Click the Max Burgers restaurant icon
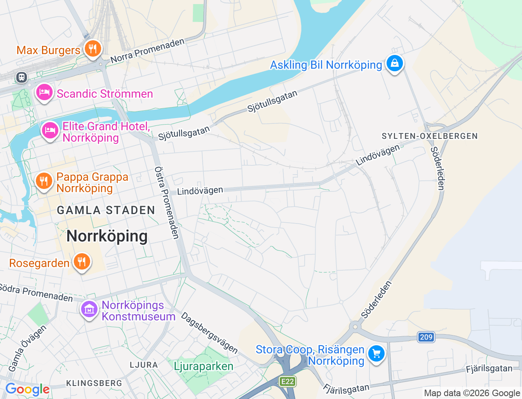tap(93, 49)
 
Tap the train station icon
tap(21, 77)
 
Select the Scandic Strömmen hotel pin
tap(44, 92)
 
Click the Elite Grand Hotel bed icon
tap(50, 130)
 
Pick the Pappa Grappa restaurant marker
tap(44, 181)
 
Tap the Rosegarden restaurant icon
tap(82, 262)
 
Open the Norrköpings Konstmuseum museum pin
tap(89, 309)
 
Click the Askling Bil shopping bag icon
tap(394, 64)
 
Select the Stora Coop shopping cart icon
tap(376, 353)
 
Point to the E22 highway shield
tap(288, 381)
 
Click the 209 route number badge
tap(426, 337)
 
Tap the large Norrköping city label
tap(107, 236)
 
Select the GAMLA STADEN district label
tap(106, 210)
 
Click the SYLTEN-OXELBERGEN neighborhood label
tap(429, 136)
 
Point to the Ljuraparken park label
tap(203, 366)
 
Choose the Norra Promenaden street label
tap(147, 51)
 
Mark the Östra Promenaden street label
tap(167, 202)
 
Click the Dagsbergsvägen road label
tap(210, 333)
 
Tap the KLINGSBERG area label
tap(94, 383)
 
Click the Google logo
tap(27, 390)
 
